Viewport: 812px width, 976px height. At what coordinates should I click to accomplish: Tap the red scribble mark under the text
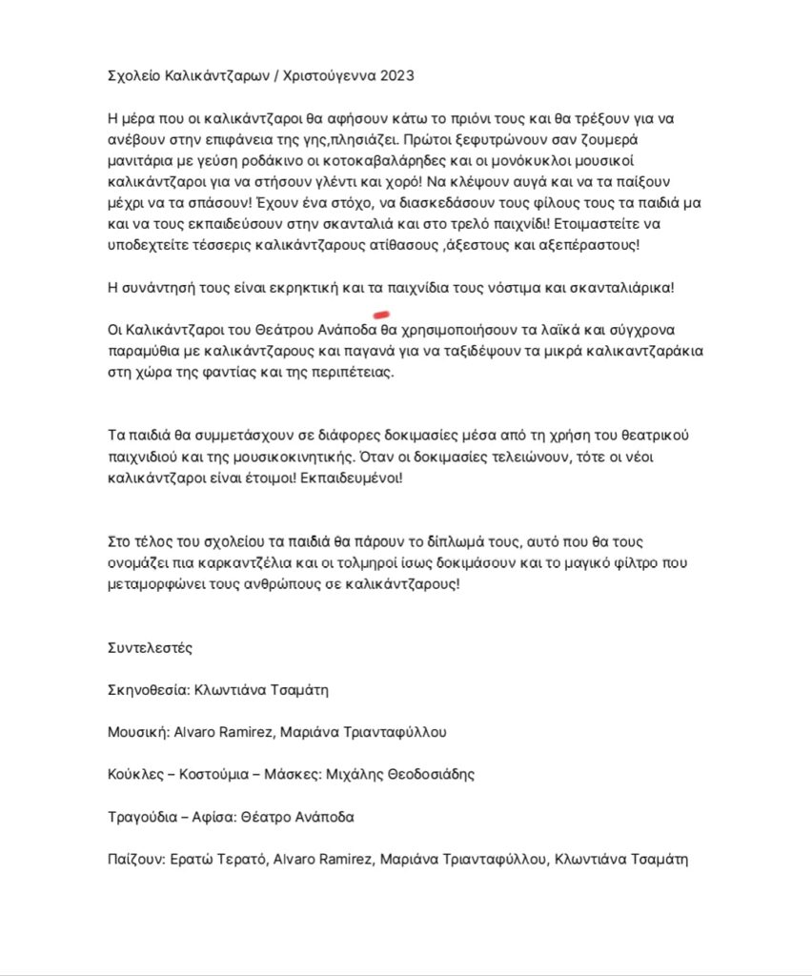click(381, 313)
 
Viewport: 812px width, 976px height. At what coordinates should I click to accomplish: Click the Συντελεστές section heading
click(151, 648)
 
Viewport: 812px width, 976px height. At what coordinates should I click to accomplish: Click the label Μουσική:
click(136, 732)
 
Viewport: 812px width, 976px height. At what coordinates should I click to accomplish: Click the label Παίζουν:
click(137, 859)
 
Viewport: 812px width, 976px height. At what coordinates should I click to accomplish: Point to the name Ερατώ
click(192, 859)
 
